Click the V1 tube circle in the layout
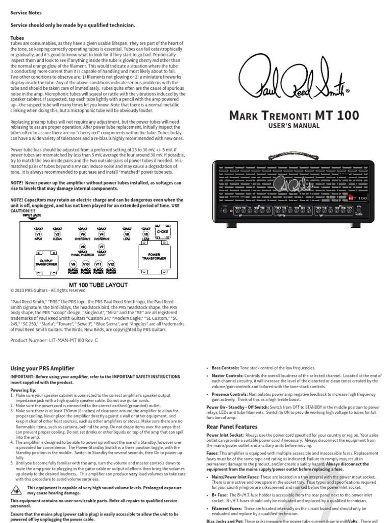[x=37, y=234]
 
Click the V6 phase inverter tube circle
[x=83, y=247]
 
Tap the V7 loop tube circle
[x=102, y=247]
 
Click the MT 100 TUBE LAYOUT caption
[x=99, y=284]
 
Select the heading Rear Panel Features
[x=232, y=426]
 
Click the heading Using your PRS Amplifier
[x=42, y=368]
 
